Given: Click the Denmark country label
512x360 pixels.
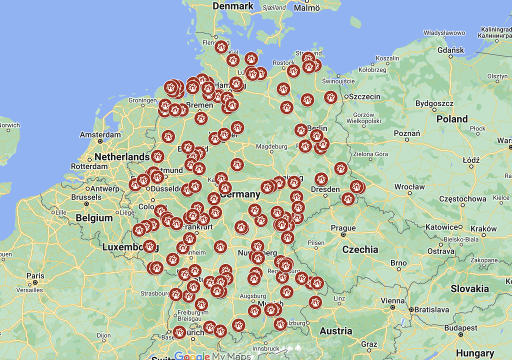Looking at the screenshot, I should (x=233, y=6).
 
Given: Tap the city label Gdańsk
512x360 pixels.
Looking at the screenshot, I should (x=450, y=50).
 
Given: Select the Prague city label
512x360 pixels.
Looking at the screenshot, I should (x=343, y=228).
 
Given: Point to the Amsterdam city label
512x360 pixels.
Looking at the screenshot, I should (x=100, y=135).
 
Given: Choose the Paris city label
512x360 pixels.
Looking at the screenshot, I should (x=35, y=275).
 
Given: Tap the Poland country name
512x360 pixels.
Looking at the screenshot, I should (x=451, y=119).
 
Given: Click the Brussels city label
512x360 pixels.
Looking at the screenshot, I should (x=86, y=197).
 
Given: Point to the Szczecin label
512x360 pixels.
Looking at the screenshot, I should (x=364, y=96).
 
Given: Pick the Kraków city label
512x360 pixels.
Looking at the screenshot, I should (x=483, y=228).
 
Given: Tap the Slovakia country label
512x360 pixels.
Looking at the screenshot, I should (x=469, y=288).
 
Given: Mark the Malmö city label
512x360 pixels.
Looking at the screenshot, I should (x=306, y=8).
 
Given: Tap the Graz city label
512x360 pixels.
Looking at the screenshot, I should (x=369, y=344).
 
